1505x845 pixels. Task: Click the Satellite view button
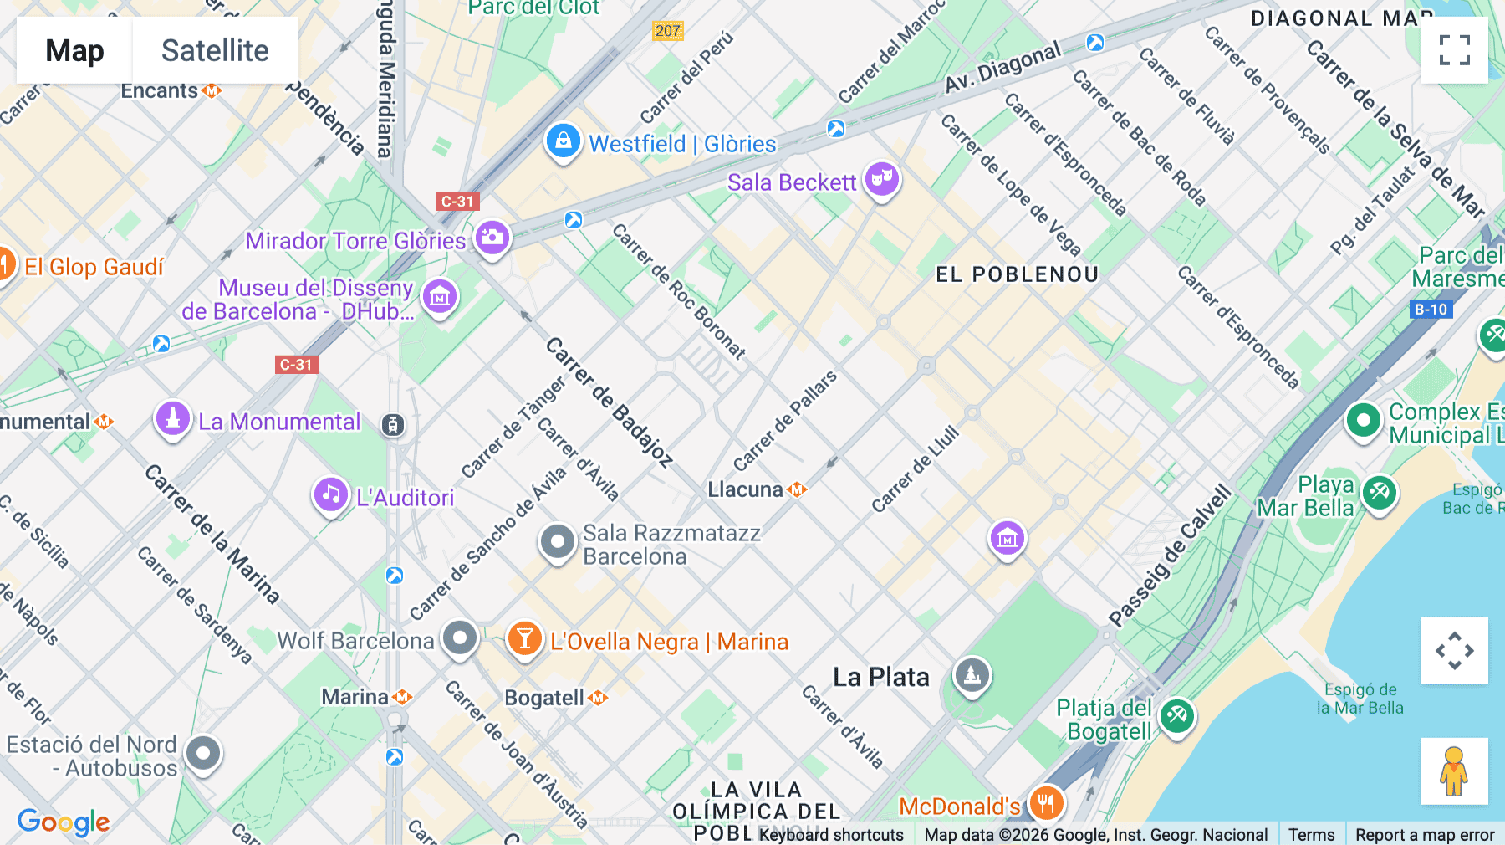click(215, 50)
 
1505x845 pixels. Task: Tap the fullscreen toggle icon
click(1454, 50)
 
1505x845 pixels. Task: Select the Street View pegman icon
click(1454, 771)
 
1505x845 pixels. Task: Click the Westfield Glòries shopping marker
click(564, 141)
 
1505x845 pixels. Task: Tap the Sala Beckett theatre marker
click(881, 179)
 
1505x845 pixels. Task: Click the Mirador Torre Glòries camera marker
click(492, 238)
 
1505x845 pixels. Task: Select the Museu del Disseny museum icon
click(440, 296)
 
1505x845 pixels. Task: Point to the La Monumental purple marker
click(173, 418)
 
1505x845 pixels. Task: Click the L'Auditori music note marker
click(331, 494)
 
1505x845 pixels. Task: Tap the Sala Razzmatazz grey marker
click(557, 542)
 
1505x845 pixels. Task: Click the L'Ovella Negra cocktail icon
click(524, 640)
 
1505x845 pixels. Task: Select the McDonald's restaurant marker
click(1046, 804)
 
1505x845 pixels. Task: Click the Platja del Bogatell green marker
click(1176, 715)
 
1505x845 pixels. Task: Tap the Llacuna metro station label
click(746, 489)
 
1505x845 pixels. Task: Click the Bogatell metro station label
click(545, 698)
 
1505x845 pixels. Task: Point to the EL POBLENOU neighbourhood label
click(1016, 274)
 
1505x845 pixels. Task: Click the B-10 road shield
click(1431, 310)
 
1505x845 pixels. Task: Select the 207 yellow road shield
click(667, 31)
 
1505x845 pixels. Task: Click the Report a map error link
click(1424, 834)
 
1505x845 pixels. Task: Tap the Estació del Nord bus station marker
click(203, 753)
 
